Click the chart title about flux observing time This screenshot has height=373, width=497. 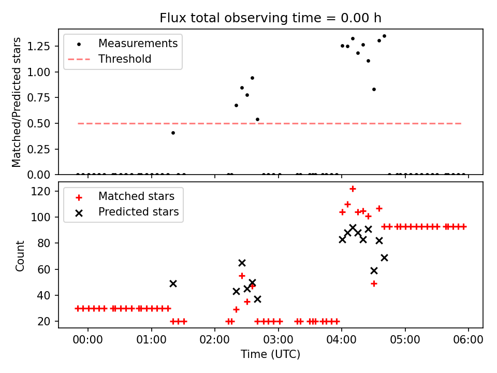[270, 18]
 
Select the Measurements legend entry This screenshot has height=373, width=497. [138, 44]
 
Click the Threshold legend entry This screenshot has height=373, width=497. [125, 59]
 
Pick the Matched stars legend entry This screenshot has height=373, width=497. [136, 196]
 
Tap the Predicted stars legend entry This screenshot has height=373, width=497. [138, 212]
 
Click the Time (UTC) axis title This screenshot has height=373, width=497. [270, 355]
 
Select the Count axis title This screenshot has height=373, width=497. [20, 256]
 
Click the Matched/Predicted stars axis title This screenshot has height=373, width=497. [17, 102]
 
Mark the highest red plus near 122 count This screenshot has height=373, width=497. [353, 189]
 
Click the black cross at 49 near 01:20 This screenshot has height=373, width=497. [173, 283]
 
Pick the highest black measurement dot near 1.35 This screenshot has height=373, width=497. [384, 36]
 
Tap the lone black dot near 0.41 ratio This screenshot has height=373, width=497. [173, 133]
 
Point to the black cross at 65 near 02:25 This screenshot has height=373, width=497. [242, 263]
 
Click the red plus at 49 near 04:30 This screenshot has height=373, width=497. [374, 283]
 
